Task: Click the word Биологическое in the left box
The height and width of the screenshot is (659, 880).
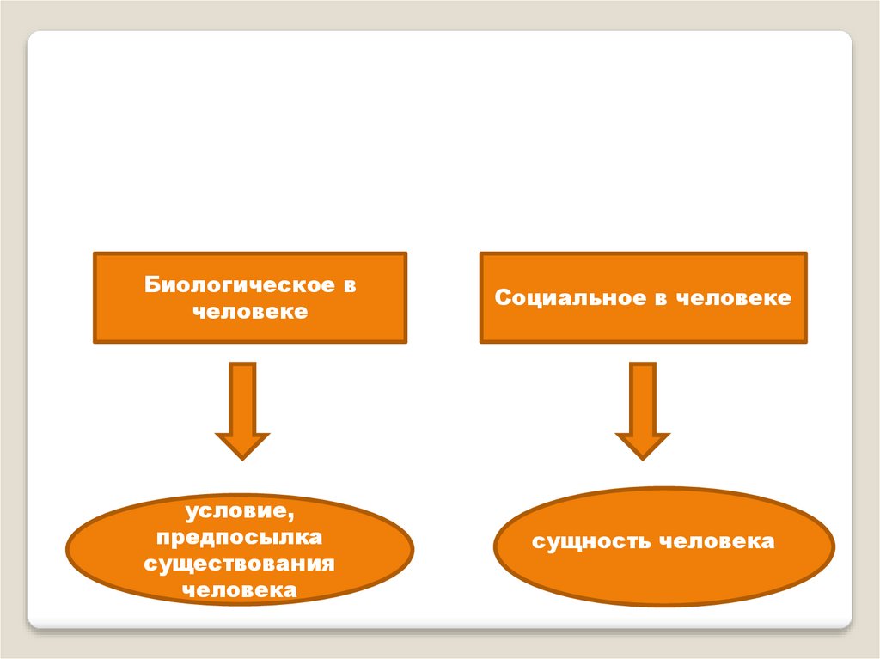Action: [239, 285]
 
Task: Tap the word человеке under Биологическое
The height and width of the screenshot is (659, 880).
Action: [249, 311]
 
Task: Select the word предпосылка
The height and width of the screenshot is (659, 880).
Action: [240, 538]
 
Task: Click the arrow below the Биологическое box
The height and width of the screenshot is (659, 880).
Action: [242, 410]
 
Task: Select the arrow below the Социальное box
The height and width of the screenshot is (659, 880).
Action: [642, 410]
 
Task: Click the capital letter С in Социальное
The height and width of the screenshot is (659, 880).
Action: [503, 298]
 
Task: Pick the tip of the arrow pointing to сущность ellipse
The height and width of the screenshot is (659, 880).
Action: [642, 457]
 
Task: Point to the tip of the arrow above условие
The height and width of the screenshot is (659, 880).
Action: [242, 457]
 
